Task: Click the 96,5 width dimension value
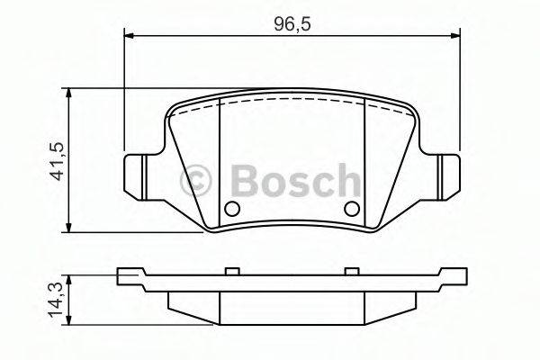click(286, 22)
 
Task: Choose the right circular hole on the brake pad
click(351, 210)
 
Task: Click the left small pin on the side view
click(231, 270)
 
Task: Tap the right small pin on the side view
click(351, 270)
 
